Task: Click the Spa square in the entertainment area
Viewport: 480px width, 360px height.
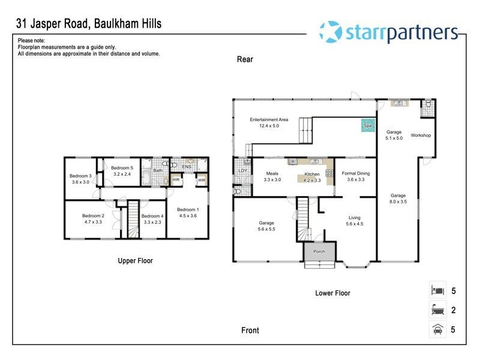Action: [x=366, y=125]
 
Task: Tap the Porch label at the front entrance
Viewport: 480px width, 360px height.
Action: [x=320, y=251]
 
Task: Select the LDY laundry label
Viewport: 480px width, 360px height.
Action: [x=243, y=171]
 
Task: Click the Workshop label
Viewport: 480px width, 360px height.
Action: [x=421, y=136]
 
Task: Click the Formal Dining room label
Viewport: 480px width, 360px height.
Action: [x=356, y=173]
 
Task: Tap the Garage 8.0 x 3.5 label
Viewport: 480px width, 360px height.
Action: [x=398, y=196]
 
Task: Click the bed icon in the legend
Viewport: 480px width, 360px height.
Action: [x=437, y=290]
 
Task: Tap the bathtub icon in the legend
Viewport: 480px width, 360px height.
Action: [x=437, y=310]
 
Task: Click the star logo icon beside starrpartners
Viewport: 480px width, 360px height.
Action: [x=330, y=31]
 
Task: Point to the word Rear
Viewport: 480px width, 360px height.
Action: [x=245, y=59]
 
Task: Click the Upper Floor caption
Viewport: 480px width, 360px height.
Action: [x=135, y=261]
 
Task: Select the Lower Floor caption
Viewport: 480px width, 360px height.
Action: [x=332, y=293]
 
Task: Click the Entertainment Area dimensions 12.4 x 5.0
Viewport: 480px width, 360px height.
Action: [x=269, y=126]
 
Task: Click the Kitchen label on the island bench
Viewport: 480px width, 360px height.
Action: [x=312, y=173]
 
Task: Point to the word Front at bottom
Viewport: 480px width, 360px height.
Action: [x=250, y=331]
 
